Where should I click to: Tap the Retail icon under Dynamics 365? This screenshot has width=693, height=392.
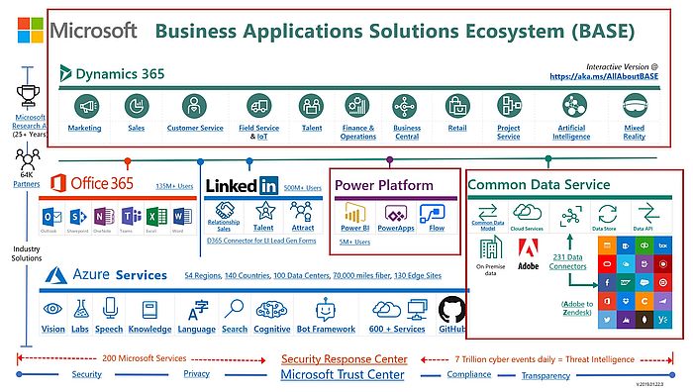(456, 106)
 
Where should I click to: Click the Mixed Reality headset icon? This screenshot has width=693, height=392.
(634, 106)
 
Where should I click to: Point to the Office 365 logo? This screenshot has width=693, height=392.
(86, 184)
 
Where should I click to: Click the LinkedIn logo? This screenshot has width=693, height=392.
(242, 185)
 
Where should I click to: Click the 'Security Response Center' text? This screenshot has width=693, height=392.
(343, 358)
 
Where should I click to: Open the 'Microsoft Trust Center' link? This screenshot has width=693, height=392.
(343, 374)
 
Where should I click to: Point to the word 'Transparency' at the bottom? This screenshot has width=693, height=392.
(545, 375)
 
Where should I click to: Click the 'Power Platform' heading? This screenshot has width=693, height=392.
(384, 185)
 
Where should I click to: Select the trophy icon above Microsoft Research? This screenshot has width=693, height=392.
(28, 95)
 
